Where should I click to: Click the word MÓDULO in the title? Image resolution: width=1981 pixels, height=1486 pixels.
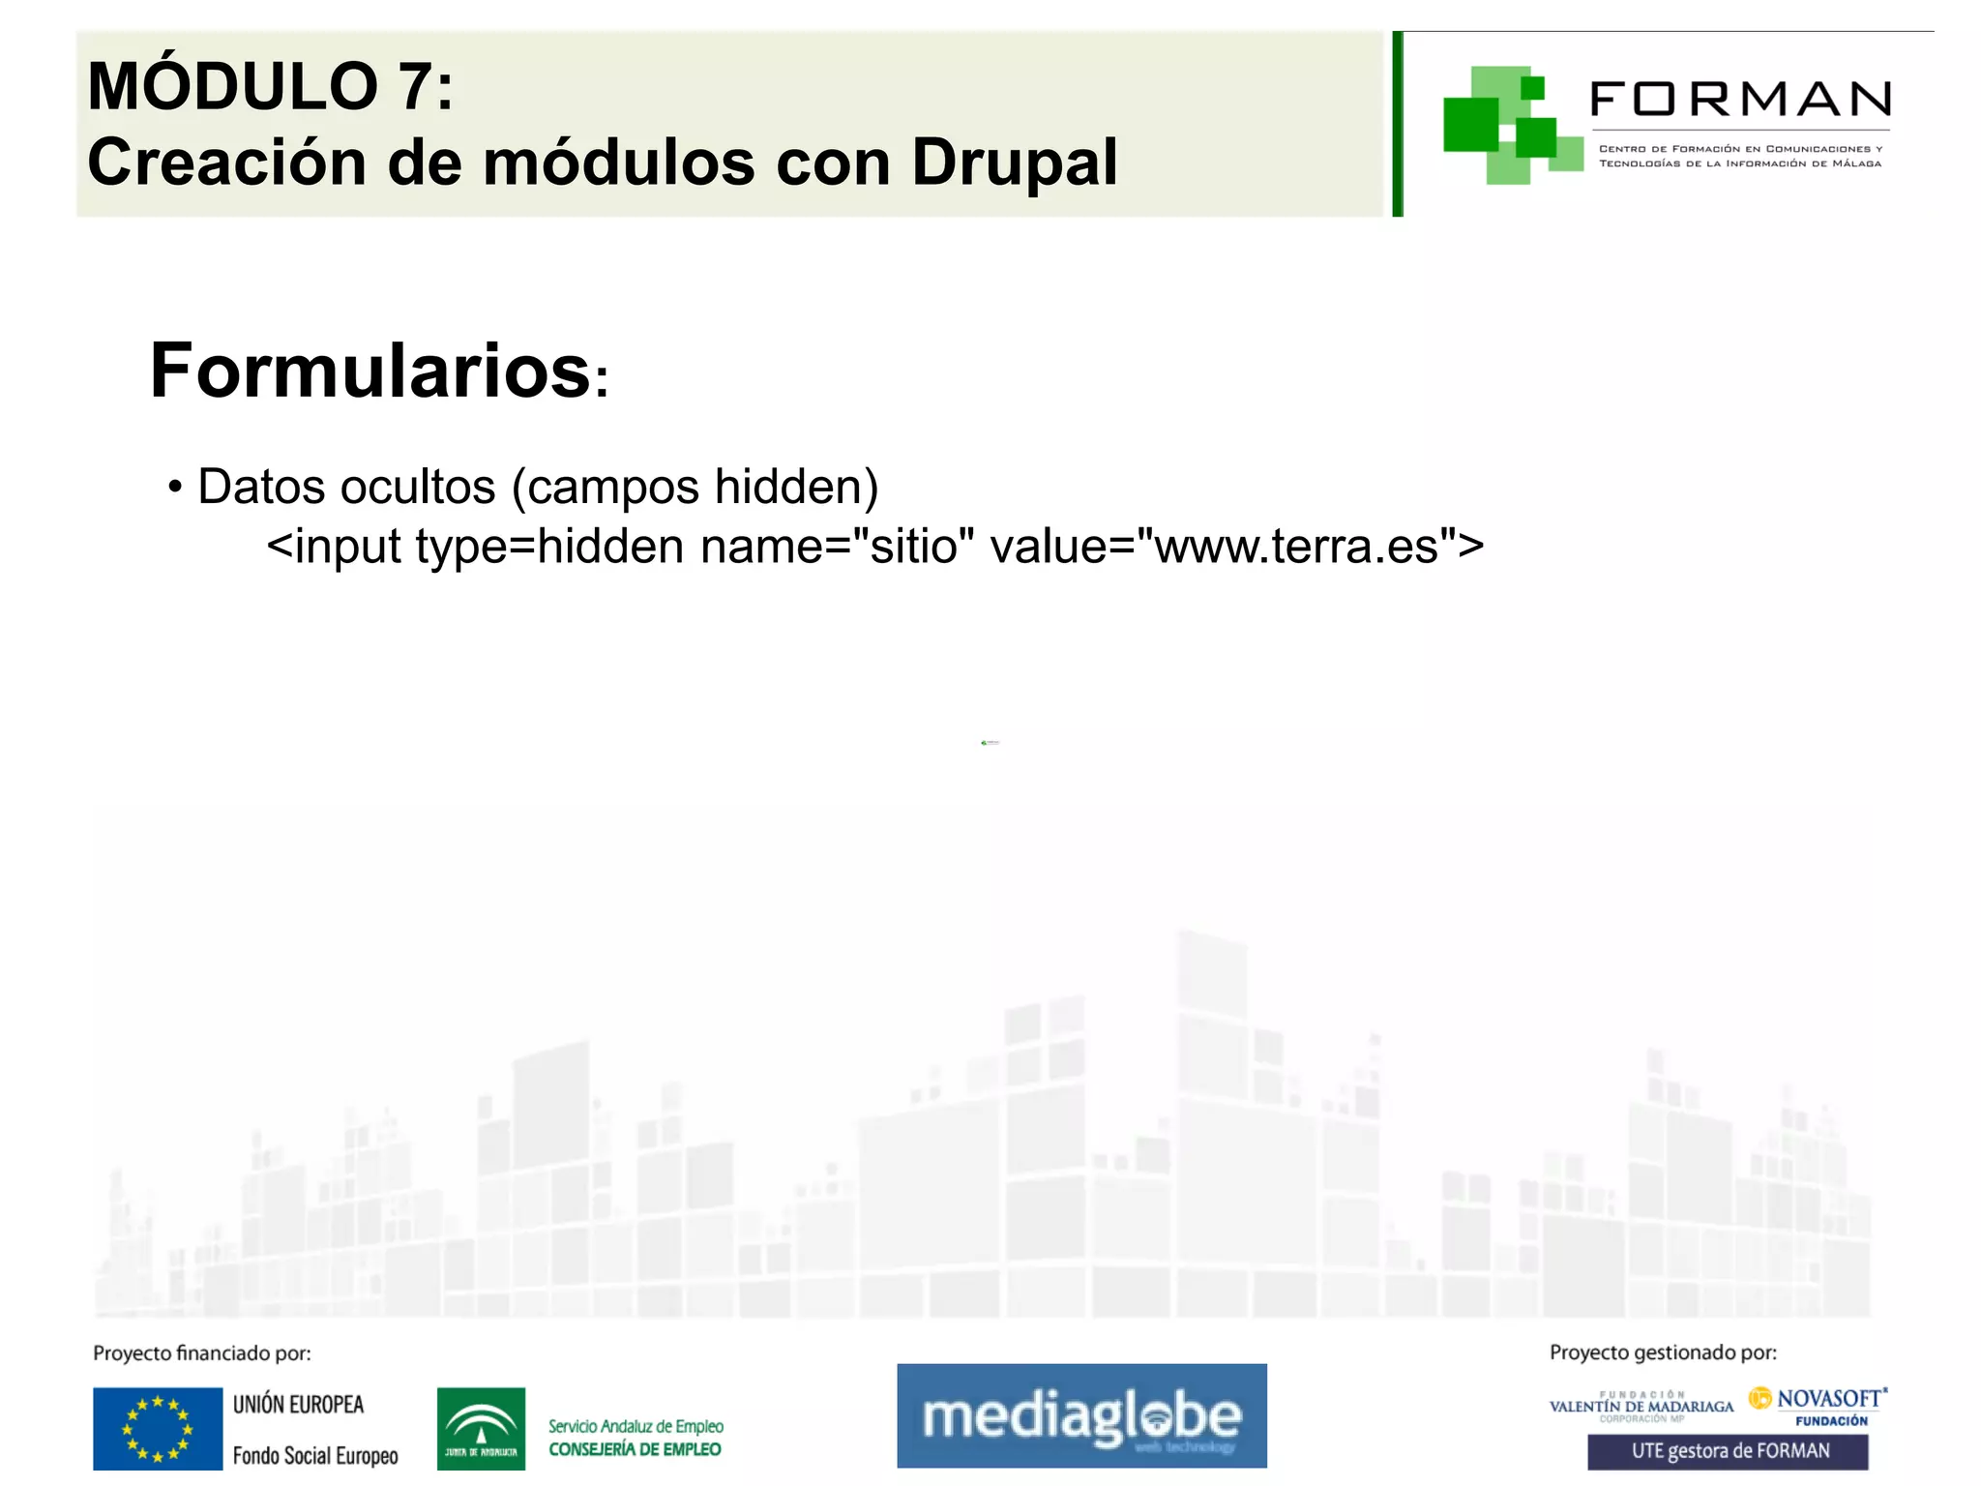click(232, 87)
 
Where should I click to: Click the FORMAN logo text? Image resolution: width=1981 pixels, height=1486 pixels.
click(1740, 100)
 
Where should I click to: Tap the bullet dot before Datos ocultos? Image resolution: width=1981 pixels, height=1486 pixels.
click(175, 486)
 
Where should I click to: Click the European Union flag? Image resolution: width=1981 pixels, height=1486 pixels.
click(158, 1429)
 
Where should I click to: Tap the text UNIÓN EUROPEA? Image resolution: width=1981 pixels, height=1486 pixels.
click(298, 1405)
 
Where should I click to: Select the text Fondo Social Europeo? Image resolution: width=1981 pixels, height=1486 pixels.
click(315, 1456)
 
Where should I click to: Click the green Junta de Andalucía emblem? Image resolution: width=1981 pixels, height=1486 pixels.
click(481, 1429)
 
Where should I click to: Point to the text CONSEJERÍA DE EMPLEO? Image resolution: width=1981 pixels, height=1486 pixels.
click(635, 1449)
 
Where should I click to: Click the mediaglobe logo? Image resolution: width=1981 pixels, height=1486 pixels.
click(1081, 1415)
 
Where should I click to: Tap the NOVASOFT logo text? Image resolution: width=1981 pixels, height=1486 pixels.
click(1829, 1399)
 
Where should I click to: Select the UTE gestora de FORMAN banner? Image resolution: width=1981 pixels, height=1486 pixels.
click(1728, 1451)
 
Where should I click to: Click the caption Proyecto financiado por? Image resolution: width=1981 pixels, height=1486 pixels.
click(202, 1353)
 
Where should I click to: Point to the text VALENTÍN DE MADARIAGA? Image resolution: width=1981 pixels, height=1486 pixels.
click(1641, 1407)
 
